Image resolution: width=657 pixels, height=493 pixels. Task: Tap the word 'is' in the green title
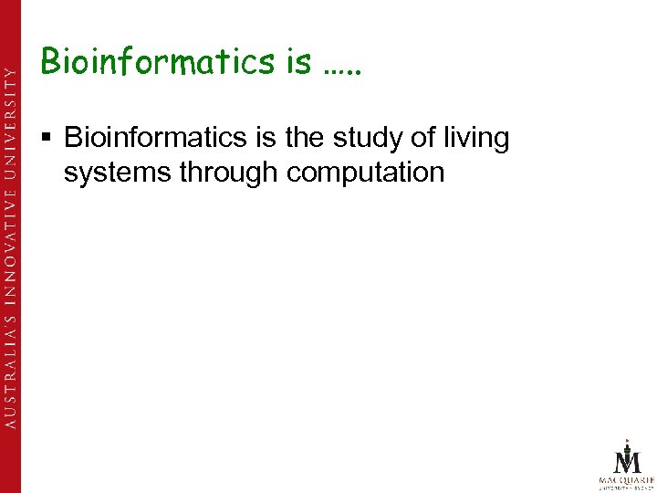pyautogui.click(x=297, y=62)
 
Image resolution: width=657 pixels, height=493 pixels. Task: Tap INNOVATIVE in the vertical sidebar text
pyautogui.click(x=10, y=239)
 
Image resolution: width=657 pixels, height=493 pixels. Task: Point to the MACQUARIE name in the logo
pyautogui.click(x=627, y=477)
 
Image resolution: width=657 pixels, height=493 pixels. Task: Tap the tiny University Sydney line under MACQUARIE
pyautogui.click(x=627, y=487)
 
